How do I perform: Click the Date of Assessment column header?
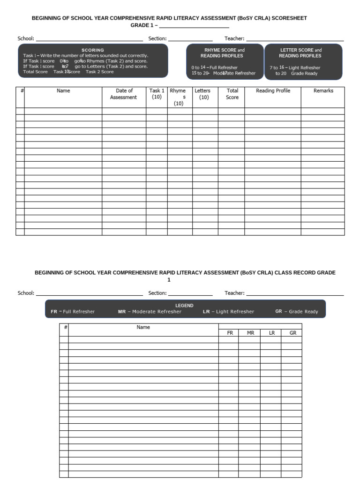pyautogui.click(x=124, y=94)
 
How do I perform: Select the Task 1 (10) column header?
pyautogui.click(x=157, y=94)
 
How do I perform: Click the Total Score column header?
pyautogui.click(x=232, y=94)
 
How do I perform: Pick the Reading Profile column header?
pyautogui.click(x=273, y=91)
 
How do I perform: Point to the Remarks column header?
pyautogui.click(x=323, y=91)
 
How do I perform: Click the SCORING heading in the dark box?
pyautogui.click(x=93, y=50)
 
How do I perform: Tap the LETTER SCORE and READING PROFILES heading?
pyautogui.click(x=300, y=53)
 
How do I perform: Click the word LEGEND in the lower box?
pyautogui.click(x=184, y=305)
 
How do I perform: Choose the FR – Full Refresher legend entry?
pyautogui.click(x=73, y=312)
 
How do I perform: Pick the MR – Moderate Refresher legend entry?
pyautogui.click(x=150, y=312)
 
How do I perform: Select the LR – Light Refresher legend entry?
pyautogui.click(x=228, y=312)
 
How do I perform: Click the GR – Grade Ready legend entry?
pyautogui.click(x=296, y=312)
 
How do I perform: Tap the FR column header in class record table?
pyautogui.click(x=230, y=333)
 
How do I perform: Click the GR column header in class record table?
pyautogui.click(x=292, y=333)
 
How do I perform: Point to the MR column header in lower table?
pyautogui.click(x=250, y=333)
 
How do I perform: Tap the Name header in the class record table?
pyautogui.click(x=143, y=327)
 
